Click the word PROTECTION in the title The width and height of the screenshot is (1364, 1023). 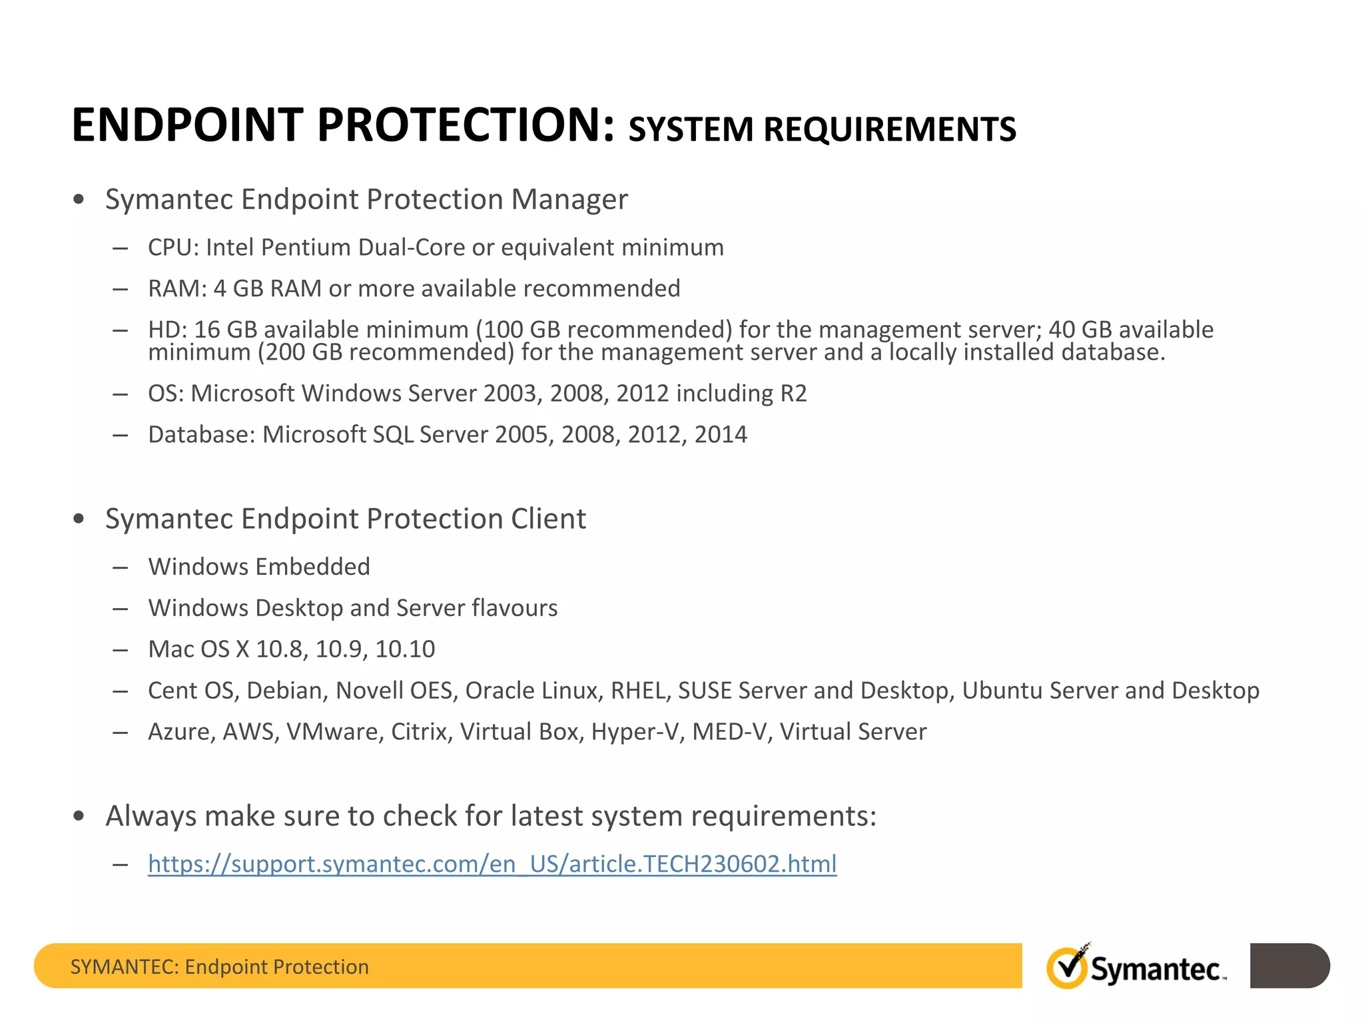click(x=465, y=125)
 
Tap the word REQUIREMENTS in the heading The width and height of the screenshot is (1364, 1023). click(x=890, y=129)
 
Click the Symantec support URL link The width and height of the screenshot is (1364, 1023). click(x=492, y=864)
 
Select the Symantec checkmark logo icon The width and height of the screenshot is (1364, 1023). click(x=1068, y=967)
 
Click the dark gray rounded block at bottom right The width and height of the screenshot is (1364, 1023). click(x=1289, y=966)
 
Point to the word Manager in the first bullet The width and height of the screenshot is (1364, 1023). click(x=569, y=199)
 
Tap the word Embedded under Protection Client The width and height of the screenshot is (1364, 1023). click(x=313, y=567)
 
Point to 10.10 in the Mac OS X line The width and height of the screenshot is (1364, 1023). click(x=405, y=649)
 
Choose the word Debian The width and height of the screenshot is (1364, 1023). click(x=287, y=691)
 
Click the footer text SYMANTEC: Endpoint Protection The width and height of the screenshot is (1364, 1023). click(x=219, y=966)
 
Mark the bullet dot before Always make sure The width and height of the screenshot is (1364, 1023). click(x=79, y=816)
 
